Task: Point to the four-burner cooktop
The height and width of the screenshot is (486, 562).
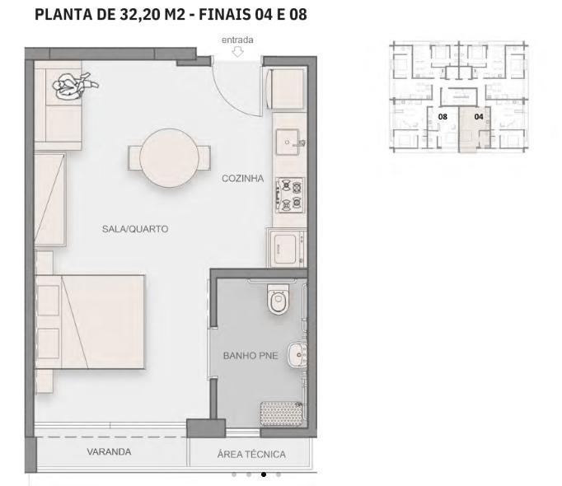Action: tap(289, 195)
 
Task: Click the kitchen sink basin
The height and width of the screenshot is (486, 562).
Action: tap(288, 143)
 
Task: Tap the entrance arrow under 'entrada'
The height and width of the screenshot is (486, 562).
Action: tap(237, 53)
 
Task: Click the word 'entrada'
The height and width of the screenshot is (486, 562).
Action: tap(237, 40)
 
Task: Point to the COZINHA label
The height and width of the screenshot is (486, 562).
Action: tap(241, 178)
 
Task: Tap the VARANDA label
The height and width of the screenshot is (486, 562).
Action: tap(109, 452)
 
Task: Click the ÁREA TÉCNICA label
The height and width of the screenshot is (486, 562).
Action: tap(251, 454)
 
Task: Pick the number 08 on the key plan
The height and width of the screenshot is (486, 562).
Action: tap(443, 117)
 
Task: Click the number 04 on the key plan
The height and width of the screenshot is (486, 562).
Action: tap(478, 117)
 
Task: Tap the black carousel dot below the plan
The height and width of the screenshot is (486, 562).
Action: tap(263, 474)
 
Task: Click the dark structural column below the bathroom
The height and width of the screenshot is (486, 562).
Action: tap(206, 428)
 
